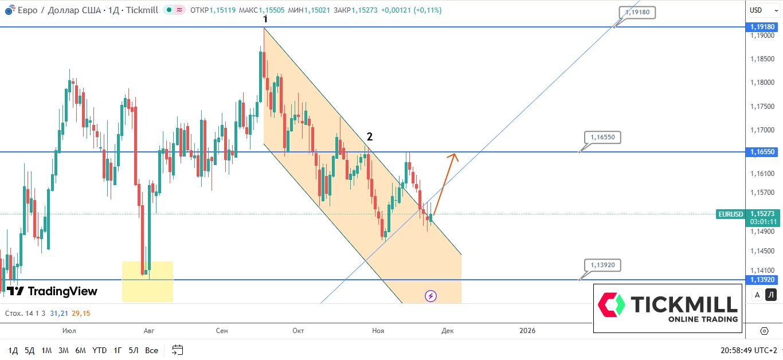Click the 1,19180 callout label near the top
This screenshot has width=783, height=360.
coord(637,12)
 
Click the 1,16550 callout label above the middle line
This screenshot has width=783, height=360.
coord(602,138)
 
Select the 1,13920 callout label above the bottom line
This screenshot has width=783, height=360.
coord(602,265)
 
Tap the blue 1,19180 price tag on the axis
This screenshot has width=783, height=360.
coord(762,27)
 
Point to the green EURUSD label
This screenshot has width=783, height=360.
coord(730,214)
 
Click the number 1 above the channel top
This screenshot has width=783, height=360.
coord(265,19)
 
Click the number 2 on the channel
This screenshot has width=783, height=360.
coord(370,136)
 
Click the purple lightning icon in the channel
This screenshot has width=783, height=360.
coord(431,296)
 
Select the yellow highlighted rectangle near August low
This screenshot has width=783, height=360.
coord(147,281)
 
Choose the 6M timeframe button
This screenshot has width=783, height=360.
coord(80,350)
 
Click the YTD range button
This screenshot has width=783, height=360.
coord(99,350)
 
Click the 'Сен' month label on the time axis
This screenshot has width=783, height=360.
coord(222,331)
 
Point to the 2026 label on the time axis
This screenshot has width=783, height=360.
coord(527,331)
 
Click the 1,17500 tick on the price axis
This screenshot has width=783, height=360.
coord(762,107)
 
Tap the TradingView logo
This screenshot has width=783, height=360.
coord(52,291)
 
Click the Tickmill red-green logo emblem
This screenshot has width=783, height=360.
coord(611,304)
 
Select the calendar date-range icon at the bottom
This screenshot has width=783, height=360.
coord(178,350)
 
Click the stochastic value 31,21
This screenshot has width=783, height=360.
coord(59,314)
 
